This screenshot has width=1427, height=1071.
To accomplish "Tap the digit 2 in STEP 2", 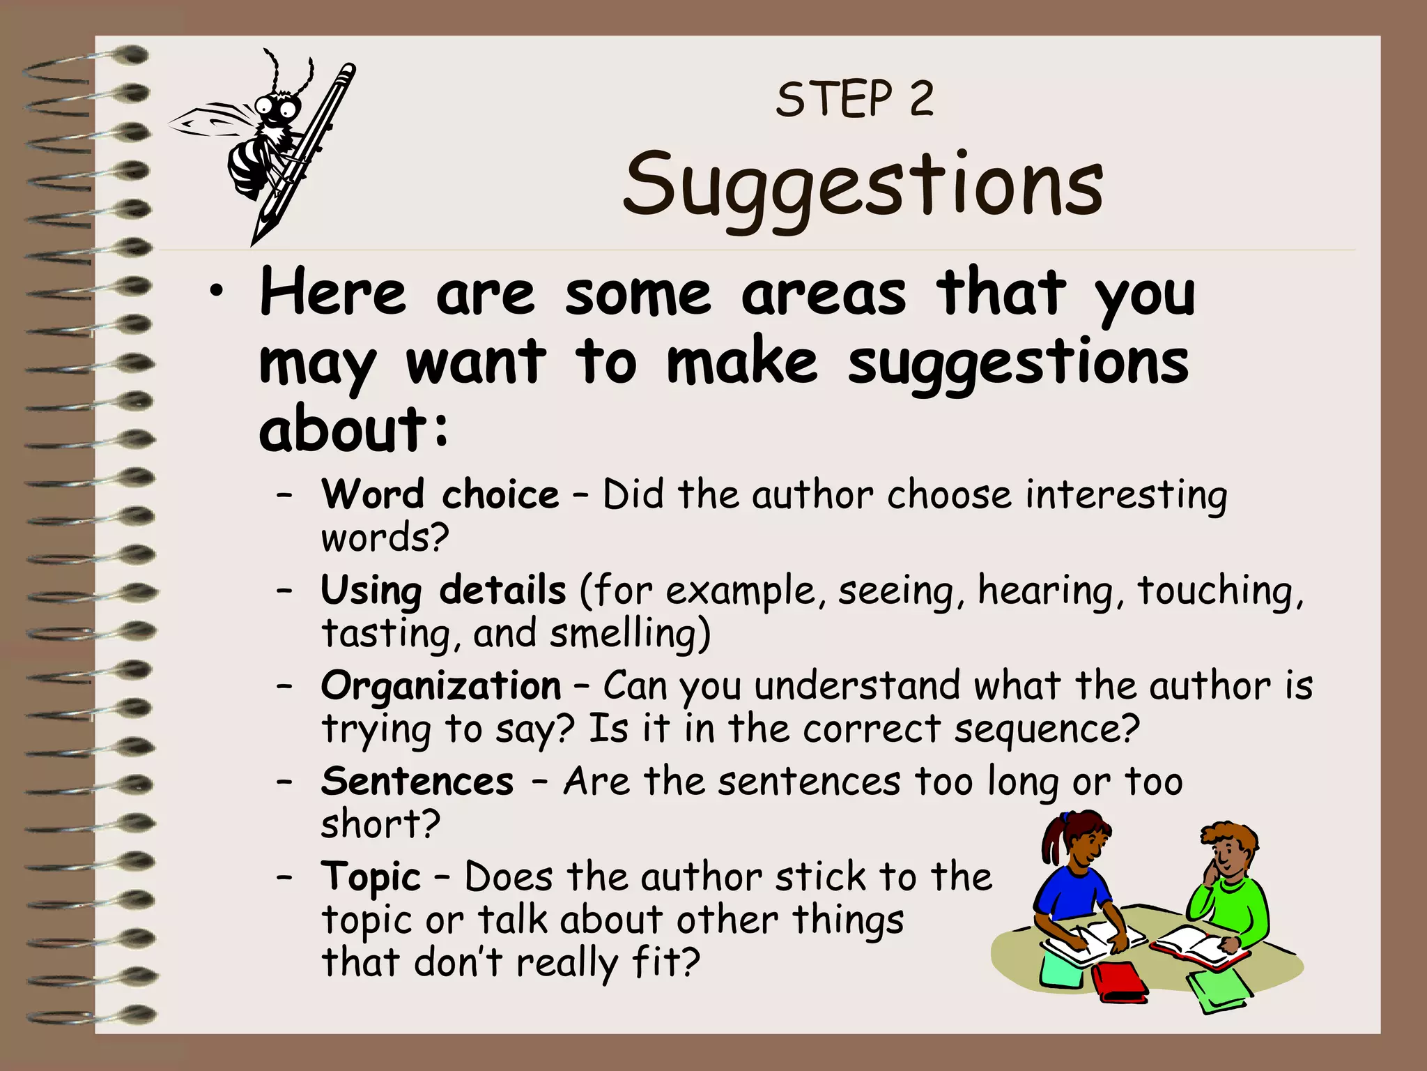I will point(921,99).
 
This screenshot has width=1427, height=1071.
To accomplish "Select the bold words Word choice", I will point(440,494).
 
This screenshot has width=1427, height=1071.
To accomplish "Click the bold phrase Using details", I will point(443,590).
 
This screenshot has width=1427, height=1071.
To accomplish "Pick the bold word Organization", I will point(441,685).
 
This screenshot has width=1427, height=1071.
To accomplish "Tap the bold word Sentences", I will point(417,781).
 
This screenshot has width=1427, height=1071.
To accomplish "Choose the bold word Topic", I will point(371,877).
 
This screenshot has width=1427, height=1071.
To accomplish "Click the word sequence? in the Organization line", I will point(1046,730).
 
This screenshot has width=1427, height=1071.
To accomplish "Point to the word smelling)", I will point(630,634).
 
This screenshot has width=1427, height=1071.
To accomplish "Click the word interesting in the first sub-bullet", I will point(1126,495).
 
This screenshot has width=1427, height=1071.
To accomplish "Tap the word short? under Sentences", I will point(380,824).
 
